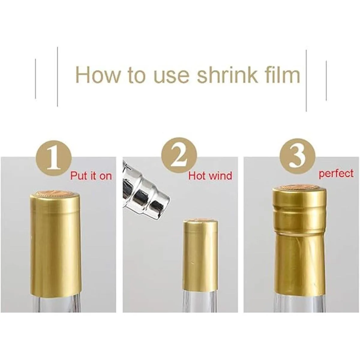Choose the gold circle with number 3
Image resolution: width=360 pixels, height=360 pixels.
[297, 156]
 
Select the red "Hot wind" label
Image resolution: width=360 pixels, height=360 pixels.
[210, 175]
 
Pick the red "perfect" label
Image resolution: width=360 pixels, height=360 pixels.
[336, 174]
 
